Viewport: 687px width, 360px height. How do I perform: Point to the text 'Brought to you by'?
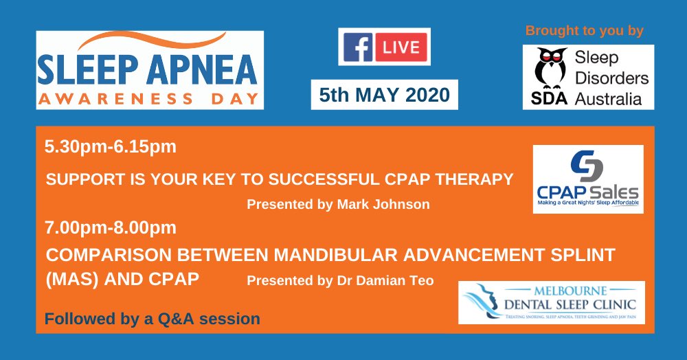coord(584,31)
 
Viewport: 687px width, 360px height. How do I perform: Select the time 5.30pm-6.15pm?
coord(111,146)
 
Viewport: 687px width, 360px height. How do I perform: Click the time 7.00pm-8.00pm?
coord(111,227)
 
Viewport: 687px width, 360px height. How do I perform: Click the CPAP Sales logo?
coord(588,179)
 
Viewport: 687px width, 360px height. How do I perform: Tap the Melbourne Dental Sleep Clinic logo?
coord(552,302)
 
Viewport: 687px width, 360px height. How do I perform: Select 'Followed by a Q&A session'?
coord(153,319)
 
